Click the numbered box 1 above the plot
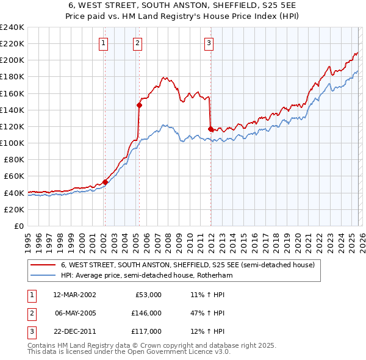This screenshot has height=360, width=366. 104,43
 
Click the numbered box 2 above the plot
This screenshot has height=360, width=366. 138,43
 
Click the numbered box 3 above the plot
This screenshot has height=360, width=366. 209,43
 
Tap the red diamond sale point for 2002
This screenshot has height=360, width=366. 105,181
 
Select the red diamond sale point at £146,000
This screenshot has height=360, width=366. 139,105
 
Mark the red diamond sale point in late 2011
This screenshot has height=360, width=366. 210,129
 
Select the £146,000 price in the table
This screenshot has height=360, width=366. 146,313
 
